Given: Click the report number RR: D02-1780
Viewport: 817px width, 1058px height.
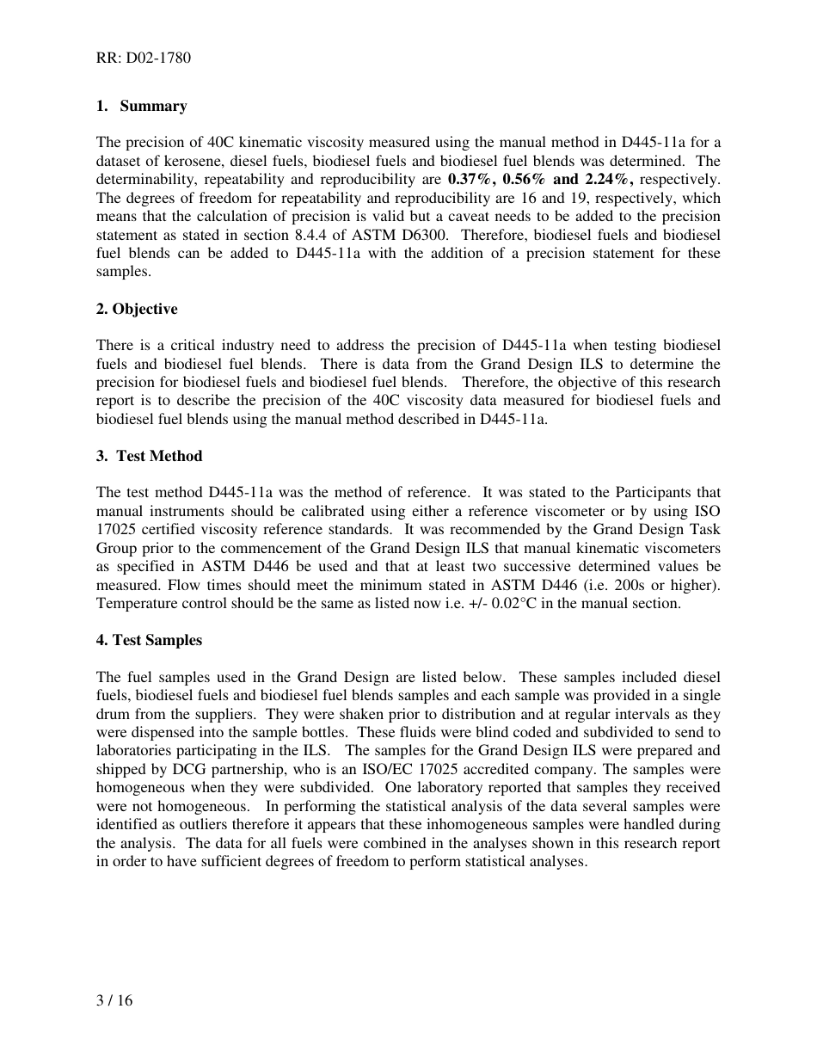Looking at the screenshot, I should (144, 58).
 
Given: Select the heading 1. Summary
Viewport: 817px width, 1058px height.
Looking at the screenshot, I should (142, 106).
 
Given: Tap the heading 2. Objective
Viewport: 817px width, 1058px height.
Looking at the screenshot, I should (137, 309).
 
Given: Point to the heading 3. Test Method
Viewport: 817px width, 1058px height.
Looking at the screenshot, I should (150, 456).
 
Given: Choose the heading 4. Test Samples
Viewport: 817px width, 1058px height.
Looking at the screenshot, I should (150, 640).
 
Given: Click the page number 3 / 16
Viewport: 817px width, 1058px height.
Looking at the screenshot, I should (114, 1000).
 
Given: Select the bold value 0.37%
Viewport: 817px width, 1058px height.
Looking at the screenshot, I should (471, 180).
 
